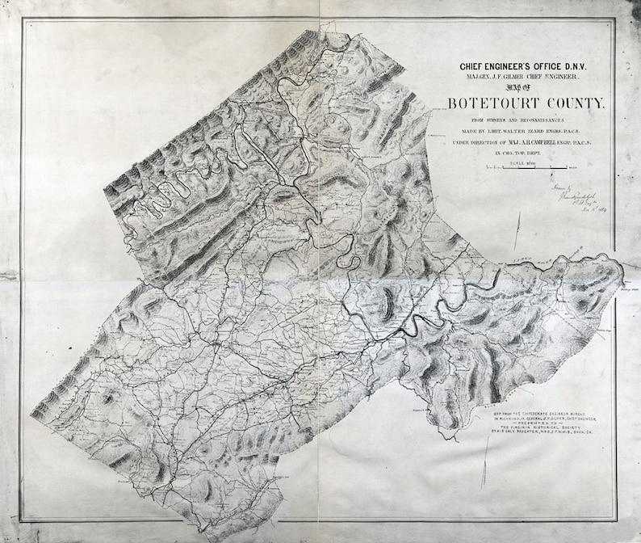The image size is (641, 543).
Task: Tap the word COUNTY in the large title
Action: (x=575, y=104)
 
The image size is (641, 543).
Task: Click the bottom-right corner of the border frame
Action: (x=615, y=520)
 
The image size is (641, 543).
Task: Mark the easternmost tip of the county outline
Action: (x=624, y=279)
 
